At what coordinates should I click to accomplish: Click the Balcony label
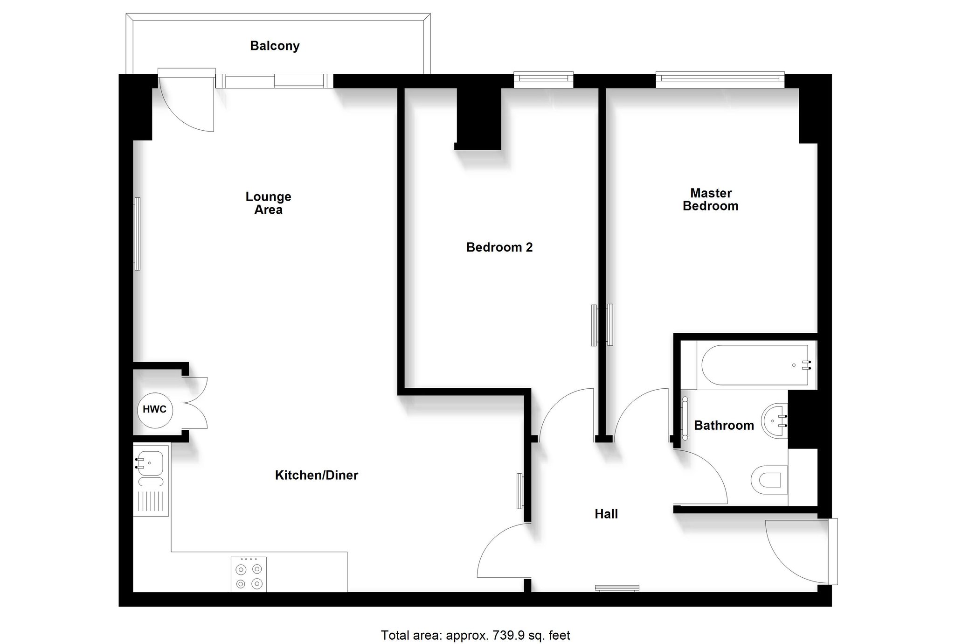(x=275, y=46)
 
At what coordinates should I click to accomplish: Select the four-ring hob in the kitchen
(x=249, y=574)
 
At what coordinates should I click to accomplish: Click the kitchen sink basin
(x=149, y=463)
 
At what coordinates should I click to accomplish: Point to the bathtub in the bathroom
(x=756, y=365)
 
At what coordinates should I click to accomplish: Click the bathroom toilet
(x=769, y=480)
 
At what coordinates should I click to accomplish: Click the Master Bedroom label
(x=711, y=200)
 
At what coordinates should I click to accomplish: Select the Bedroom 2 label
(x=499, y=247)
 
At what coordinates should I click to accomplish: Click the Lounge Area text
(x=269, y=203)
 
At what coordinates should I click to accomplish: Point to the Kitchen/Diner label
(x=317, y=476)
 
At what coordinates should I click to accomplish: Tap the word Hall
(x=606, y=514)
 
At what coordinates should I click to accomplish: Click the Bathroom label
(x=724, y=426)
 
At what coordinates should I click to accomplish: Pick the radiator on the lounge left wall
(x=137, y=234)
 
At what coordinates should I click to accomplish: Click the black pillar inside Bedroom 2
(x=478, y=119)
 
